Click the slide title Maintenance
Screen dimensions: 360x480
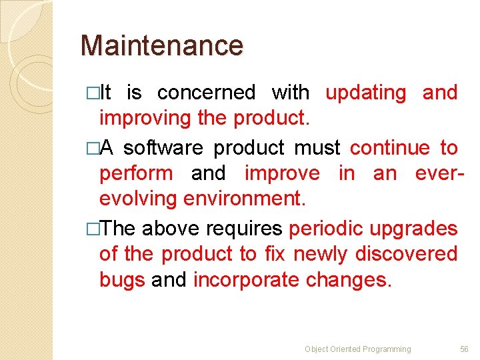tap(161, 46)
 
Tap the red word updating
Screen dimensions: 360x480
tap(365, 93)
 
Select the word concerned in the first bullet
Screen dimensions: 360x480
tap(206, 93)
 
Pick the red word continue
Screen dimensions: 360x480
tap(390, 147)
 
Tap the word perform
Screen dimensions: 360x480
tap(136, 173)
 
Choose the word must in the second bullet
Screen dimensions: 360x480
tap(317, 147)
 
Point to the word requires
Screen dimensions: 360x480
tap(244, 229)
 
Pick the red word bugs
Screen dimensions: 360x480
tap(122, 280)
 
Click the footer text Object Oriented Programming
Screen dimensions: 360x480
tap(357, 349)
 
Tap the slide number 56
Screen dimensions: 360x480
tap(464, 349)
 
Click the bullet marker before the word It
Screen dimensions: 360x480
tap(92, 93)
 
